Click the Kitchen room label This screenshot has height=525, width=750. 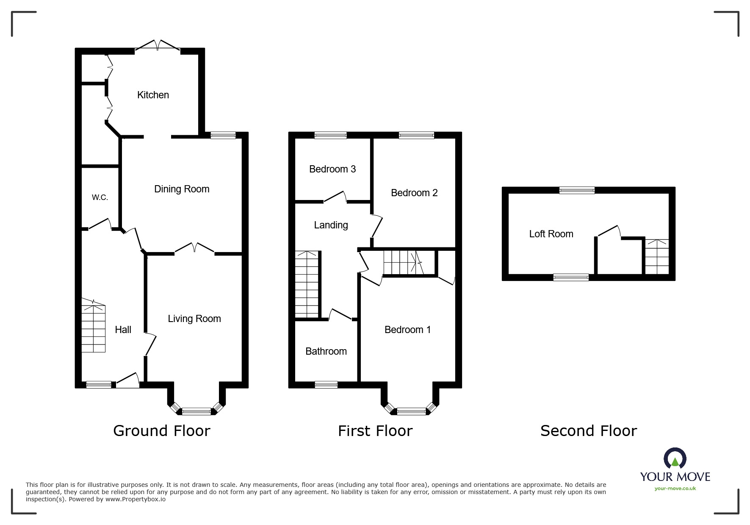pos(153,95)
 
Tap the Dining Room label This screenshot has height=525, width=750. pos(182,189)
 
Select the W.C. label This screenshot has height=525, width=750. pos(100,197)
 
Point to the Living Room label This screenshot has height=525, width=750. pos(194,319)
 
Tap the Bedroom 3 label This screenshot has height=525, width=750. pos(332,169)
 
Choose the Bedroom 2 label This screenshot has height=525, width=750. pos(414,193)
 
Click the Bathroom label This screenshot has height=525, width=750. pos(326,351)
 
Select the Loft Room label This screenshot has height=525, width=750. pos(551,234)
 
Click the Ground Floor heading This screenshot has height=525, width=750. pos(162,431)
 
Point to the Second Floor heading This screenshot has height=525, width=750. pos(589,431)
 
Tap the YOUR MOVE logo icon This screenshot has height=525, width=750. pos(675,459)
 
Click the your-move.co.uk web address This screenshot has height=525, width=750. pos(675,489)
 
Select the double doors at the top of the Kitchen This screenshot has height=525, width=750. pos(158,46)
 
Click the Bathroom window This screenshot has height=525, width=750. pos(326,385)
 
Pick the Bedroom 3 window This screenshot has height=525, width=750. pos(330,136)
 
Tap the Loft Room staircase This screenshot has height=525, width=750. pos(657,257)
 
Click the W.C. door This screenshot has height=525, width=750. pos(100,224)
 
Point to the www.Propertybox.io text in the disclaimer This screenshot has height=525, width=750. pos(136,499)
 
